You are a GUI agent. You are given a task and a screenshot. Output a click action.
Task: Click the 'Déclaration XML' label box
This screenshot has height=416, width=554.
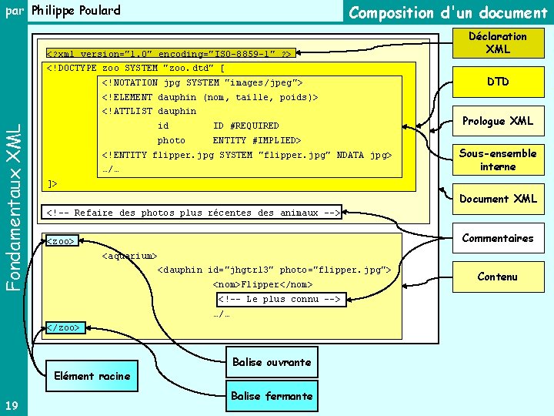tap(497, 42)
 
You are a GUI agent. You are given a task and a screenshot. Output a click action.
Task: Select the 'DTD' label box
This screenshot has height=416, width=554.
tap(497, 82)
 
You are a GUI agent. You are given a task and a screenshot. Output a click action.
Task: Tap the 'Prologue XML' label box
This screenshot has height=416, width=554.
tap(497, 121)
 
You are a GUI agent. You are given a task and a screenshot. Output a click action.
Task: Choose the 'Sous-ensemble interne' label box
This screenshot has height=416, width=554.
tap(497, 159)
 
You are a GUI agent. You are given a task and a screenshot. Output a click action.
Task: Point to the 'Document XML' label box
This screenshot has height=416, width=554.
tap(497, 199)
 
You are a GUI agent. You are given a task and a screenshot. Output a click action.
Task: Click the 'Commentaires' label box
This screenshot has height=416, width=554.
tap(497, 238)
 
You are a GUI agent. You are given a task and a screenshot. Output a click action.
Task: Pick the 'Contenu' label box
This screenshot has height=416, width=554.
tap(497, 277)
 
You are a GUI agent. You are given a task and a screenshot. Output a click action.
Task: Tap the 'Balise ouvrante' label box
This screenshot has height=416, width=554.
tap(270, 362)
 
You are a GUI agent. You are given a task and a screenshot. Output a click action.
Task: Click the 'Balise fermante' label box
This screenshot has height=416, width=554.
tap(270, 396)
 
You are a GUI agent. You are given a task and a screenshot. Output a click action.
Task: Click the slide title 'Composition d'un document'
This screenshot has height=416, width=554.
tap(448, 12)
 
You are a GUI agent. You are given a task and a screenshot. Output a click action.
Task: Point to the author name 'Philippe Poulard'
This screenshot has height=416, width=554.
tap(75, 11)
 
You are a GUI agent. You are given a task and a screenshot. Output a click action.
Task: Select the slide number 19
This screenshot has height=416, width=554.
tap(11, 405)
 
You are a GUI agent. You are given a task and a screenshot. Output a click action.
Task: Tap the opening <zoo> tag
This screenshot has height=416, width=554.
tap(62, 241)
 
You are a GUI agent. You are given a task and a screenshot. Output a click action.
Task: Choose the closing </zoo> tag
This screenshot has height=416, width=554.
tap(64, 327)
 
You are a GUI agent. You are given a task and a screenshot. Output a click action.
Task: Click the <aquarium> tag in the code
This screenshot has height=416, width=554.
tap(129, 256)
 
